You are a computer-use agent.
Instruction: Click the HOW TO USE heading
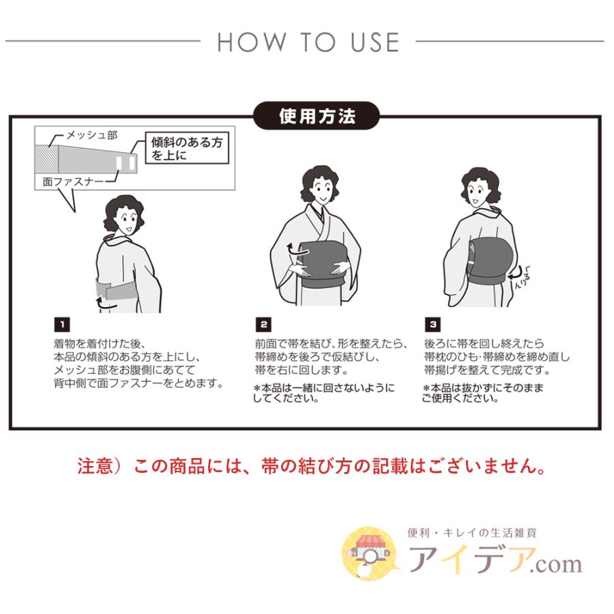pos(308,42)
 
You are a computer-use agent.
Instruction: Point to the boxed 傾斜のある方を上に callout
pos(187,149)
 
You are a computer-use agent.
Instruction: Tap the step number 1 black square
pos(59,323)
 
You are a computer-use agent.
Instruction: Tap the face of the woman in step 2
pos(318,185)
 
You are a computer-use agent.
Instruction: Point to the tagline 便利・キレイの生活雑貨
pos(471,533)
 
